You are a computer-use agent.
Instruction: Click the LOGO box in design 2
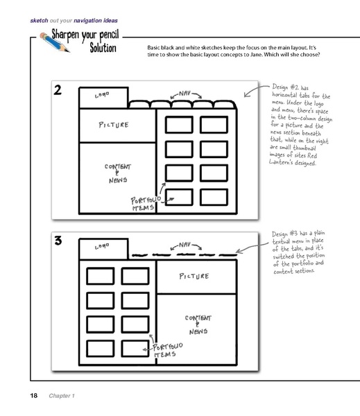point(103,98)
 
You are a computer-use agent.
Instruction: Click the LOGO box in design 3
point(103,247)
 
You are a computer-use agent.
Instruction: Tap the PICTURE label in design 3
point(194,277)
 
